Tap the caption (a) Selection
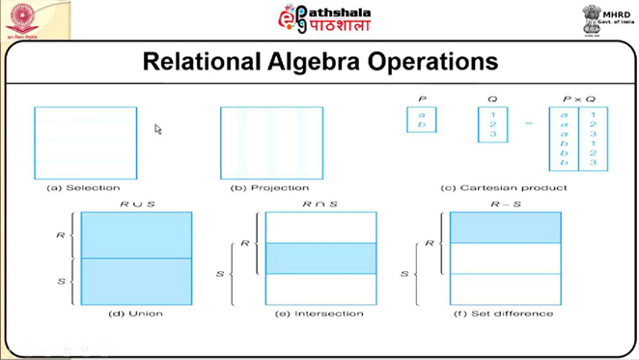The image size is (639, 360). [85, 187]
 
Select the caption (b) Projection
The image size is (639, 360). [272, 187]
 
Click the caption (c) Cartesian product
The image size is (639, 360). [505, 187]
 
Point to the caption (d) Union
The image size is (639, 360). [136, 314]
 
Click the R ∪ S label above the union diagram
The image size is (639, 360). [137, 205]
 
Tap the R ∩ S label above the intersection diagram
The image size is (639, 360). [320, 205]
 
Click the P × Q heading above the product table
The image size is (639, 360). [578, 98]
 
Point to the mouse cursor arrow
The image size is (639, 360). [158, 128]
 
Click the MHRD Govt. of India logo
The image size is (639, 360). [605, 19]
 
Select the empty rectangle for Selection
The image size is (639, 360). [85, 142]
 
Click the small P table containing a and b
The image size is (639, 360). [422, 120]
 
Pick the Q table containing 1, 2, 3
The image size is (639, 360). [492, 125]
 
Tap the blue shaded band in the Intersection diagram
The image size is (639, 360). [320, 259]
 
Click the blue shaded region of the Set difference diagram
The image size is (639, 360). [505, 228]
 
